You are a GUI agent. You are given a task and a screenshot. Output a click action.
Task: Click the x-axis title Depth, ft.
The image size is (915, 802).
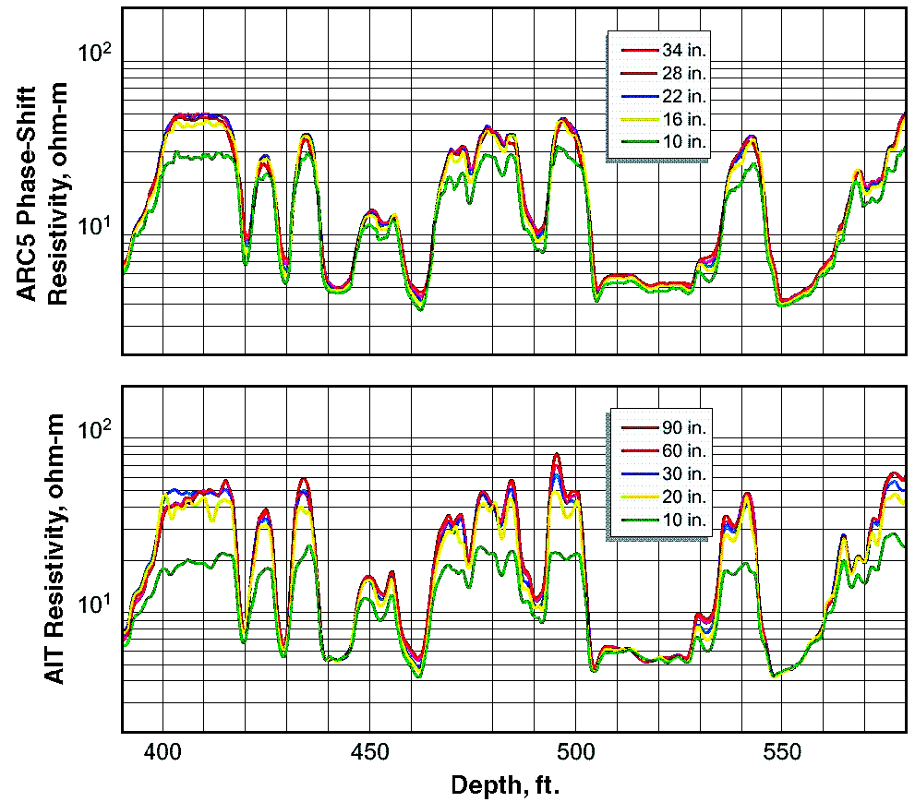tap(505, 785)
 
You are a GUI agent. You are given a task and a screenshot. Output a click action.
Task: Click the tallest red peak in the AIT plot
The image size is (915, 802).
tap(556, 455)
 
